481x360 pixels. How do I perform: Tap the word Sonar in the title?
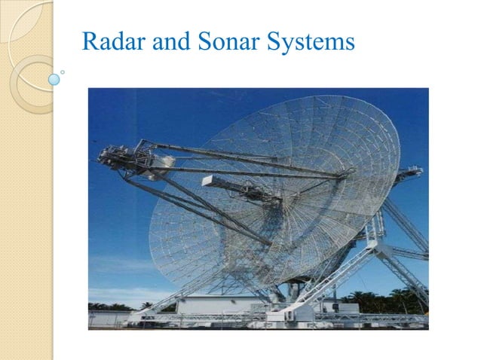(x=224, y=42)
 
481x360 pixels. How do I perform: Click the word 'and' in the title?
(x=167, y=42)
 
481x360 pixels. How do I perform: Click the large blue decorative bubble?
(x=54, y=79)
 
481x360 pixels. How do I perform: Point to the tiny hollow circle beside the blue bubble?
(x=63, y=73)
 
